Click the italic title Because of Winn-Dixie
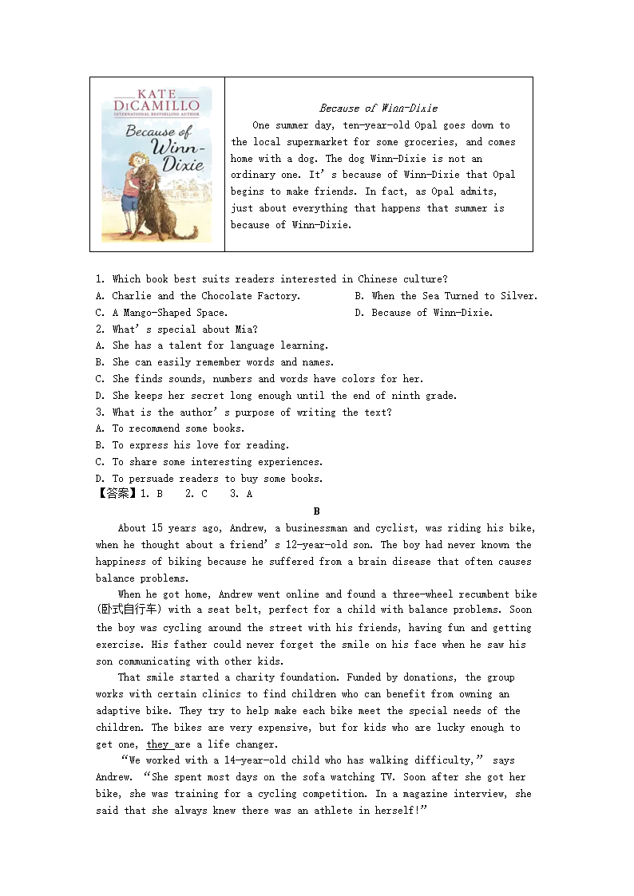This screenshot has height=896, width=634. pyautogui.click(x=378, y=108)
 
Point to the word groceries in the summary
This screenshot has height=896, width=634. pyautogui.click(x=432, y=142)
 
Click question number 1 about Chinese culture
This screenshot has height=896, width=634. pyautogui.click(x=100, y=279)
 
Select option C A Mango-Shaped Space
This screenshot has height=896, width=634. pyautogui.click(x=161, y=313)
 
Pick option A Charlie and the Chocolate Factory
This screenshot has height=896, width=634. pyautogui.click(x=197, y=296)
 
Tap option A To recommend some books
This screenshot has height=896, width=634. pyautogui.click(x=169, y=428)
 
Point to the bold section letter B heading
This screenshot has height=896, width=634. pyautogui.click(x=316, y=511)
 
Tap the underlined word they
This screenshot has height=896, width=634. pyautogui.click(x=158, y=744)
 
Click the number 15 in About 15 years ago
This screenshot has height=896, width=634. pyautogui.click(x=157, y=528)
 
